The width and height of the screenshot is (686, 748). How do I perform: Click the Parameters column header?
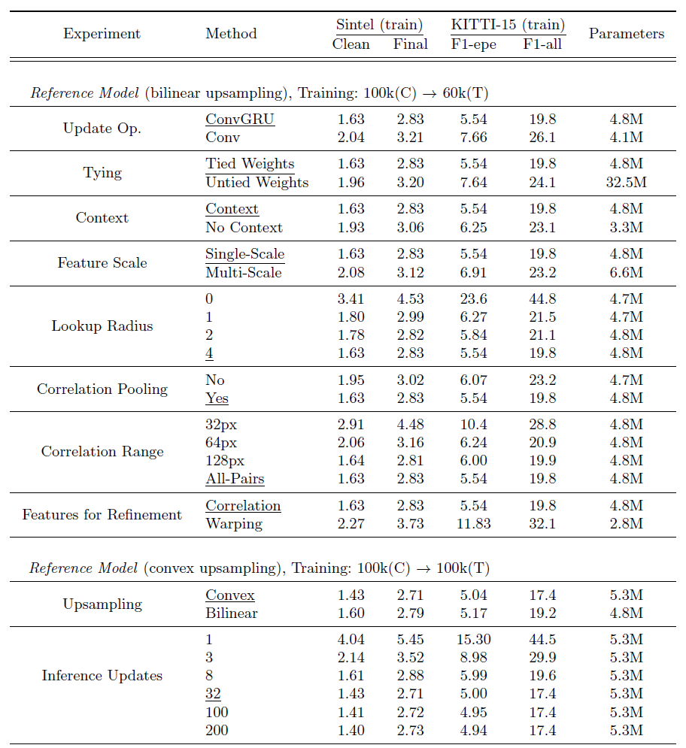pyautogui.click(x=626, y=34)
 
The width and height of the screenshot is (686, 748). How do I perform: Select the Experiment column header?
pyautogui.click(x=102, y=34)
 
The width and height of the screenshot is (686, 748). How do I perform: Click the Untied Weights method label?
pyautogui.click(x=256, y=182)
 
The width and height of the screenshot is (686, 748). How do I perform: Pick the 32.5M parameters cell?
pyautogui.click(x=626, y=182)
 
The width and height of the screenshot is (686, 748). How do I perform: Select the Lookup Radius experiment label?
pyautogui.click(x=102, y=326)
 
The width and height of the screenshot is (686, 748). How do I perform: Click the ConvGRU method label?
pyautogui.click(x=240, y=119)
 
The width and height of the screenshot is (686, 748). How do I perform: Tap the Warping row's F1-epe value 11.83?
pyautogui.click(x=473, y=524)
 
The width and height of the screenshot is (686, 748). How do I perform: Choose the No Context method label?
pyautogui.click(x=244, y=227)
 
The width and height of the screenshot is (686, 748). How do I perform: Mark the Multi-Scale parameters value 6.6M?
pyautogui.click(x=626, y=272)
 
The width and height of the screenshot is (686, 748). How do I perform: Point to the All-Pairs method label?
pyautogui.click(x=235, y=479)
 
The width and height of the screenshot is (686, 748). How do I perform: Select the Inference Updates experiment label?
pyautogui.click(x=102, y=676)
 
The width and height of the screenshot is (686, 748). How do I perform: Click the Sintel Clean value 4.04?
pyautogui.click(x=351, y=640)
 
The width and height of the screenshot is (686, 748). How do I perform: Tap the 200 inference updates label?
pyautogui.click(x=217, y=730)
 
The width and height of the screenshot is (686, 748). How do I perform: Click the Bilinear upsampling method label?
pyautogui.click(x=232, y=613)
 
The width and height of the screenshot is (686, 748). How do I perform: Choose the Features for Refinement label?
pyautogui.click(x=102, y=515)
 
